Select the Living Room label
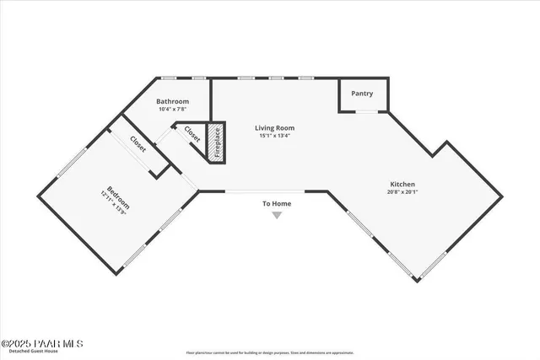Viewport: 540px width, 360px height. click(275, 128)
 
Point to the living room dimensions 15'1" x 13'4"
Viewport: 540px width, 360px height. click(275, 136)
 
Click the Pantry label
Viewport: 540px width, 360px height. click(362, 94)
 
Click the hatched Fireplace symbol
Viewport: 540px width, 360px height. click(216, 142)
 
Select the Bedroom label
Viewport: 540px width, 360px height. click(119, 195)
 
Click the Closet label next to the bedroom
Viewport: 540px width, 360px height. click(138, 145)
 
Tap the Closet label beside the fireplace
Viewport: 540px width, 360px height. click(192, 135)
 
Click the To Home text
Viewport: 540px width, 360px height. click(277, 204)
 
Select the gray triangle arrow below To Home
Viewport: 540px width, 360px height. click(277, 216)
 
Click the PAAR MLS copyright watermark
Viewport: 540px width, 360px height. click(41, 343)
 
